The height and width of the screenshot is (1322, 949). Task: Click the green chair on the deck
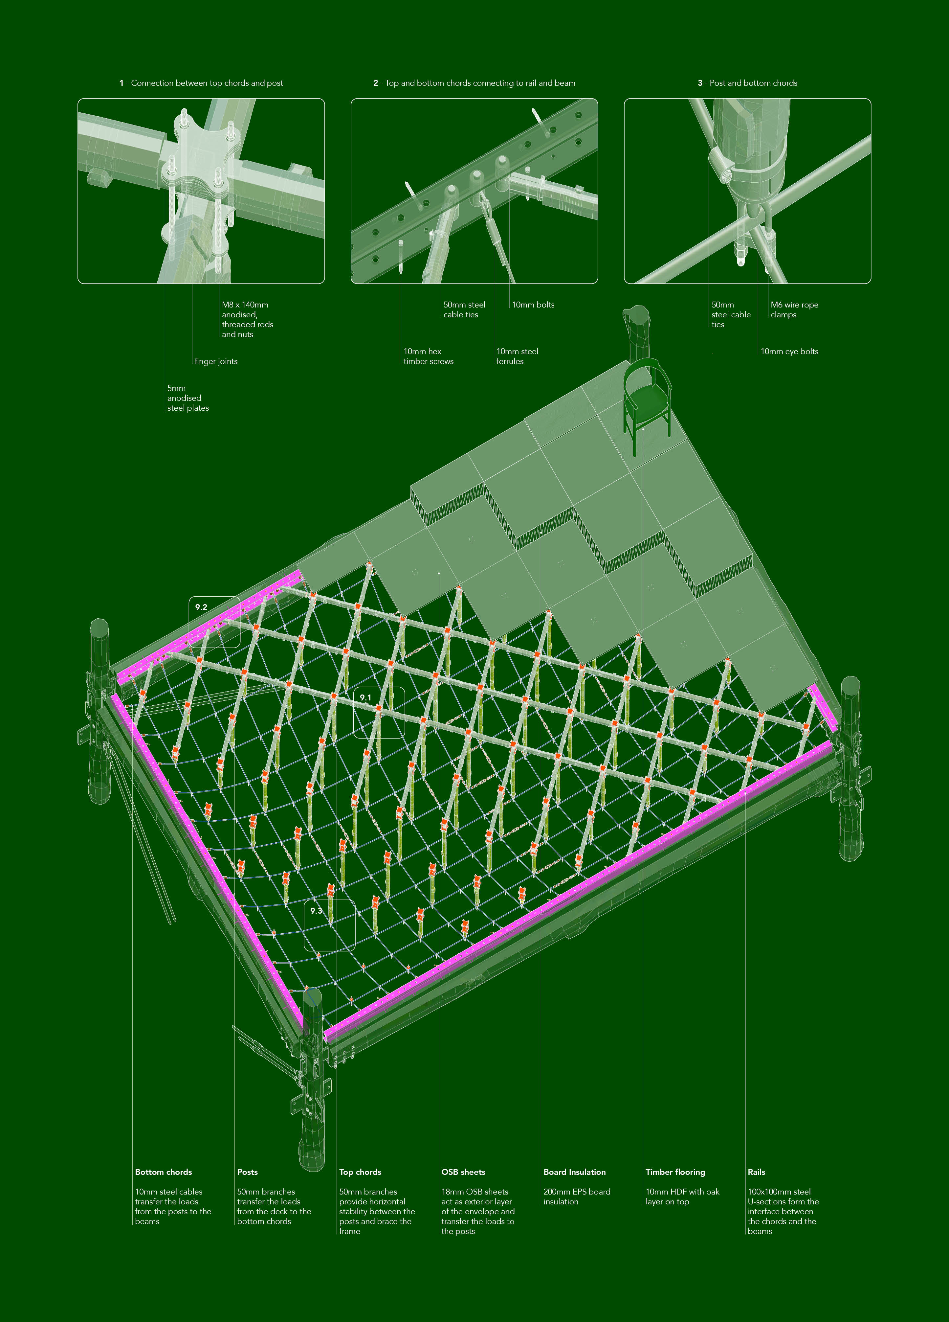click(x=647, y=402)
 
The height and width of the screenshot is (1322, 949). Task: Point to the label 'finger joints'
click(x=216, y=361)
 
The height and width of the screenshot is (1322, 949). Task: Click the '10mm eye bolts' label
click(x=789, y=352)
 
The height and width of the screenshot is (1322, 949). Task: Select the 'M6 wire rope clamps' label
click(x=795, y=309)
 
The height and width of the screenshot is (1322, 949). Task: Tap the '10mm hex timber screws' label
click(x=428, y=356)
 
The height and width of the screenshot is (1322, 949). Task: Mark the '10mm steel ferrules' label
click(x=517, y=356)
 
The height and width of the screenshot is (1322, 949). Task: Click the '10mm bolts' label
click(x=533, y=305)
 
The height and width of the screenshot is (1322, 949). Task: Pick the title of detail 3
click(x=747, y=83)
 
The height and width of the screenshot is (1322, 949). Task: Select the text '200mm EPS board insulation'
click(x=577, y=1197)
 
